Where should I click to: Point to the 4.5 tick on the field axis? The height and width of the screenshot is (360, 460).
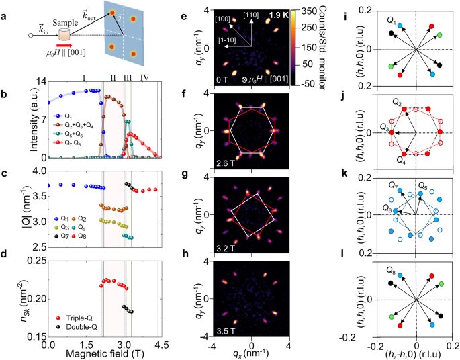[x=158, y=345]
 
